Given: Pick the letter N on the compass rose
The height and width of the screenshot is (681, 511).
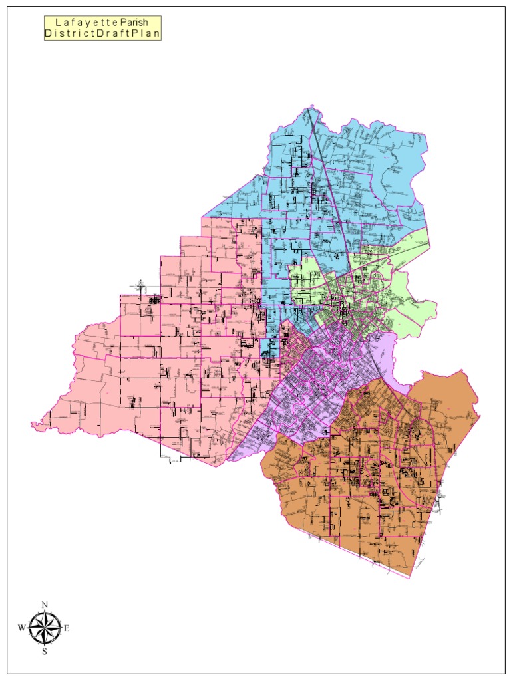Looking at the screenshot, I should tap(45, 604).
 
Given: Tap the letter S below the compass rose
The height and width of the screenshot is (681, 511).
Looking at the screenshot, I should tap(45, 652).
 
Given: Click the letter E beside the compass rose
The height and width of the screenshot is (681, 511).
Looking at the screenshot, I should tap(67, 628).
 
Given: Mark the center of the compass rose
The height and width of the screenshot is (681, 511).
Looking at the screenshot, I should tap(45, 628).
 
